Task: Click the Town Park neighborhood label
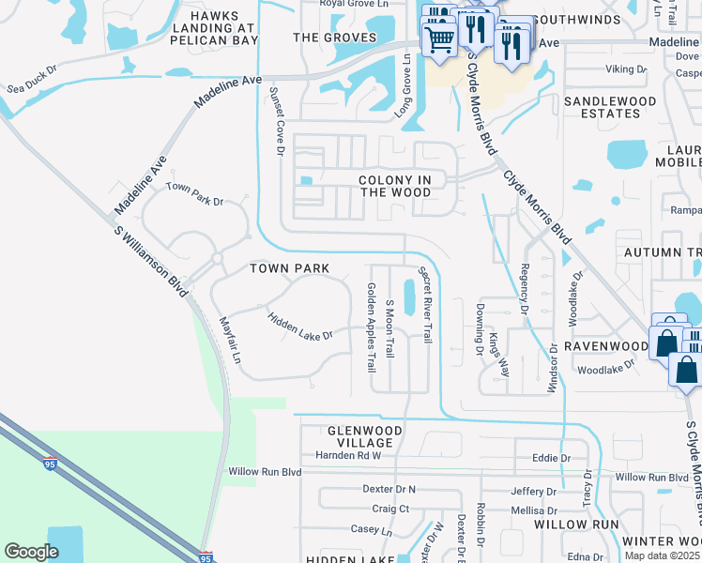(x=289, y=268)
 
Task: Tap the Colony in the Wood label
(x=395, y=186)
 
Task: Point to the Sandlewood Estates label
(x=603, y=107)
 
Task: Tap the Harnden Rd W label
(x=348, y=455)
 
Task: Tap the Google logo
(x=30, y=552)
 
